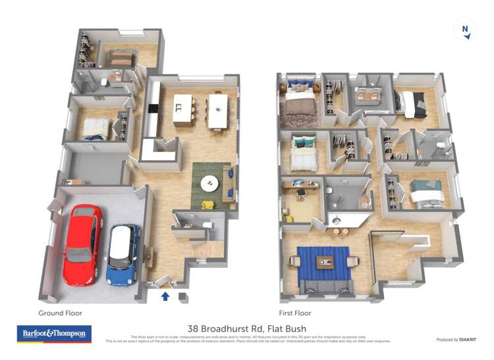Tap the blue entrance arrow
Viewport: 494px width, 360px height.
tap(165, 297)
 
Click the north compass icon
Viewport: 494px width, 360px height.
tap(466, 30)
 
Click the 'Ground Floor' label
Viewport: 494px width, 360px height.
tap(60, 313)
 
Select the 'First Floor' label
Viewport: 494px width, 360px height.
tap(294, 313)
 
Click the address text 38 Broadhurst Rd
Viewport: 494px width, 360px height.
tap(246, 328)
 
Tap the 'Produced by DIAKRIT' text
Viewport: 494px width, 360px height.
tap(456, 340)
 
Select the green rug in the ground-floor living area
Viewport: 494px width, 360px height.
tap(211, 185)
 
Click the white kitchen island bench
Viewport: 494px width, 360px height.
tap(182, 108)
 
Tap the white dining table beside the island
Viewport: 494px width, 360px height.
tap(217, 110)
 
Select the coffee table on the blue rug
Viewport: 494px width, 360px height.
tap(326, 261)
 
